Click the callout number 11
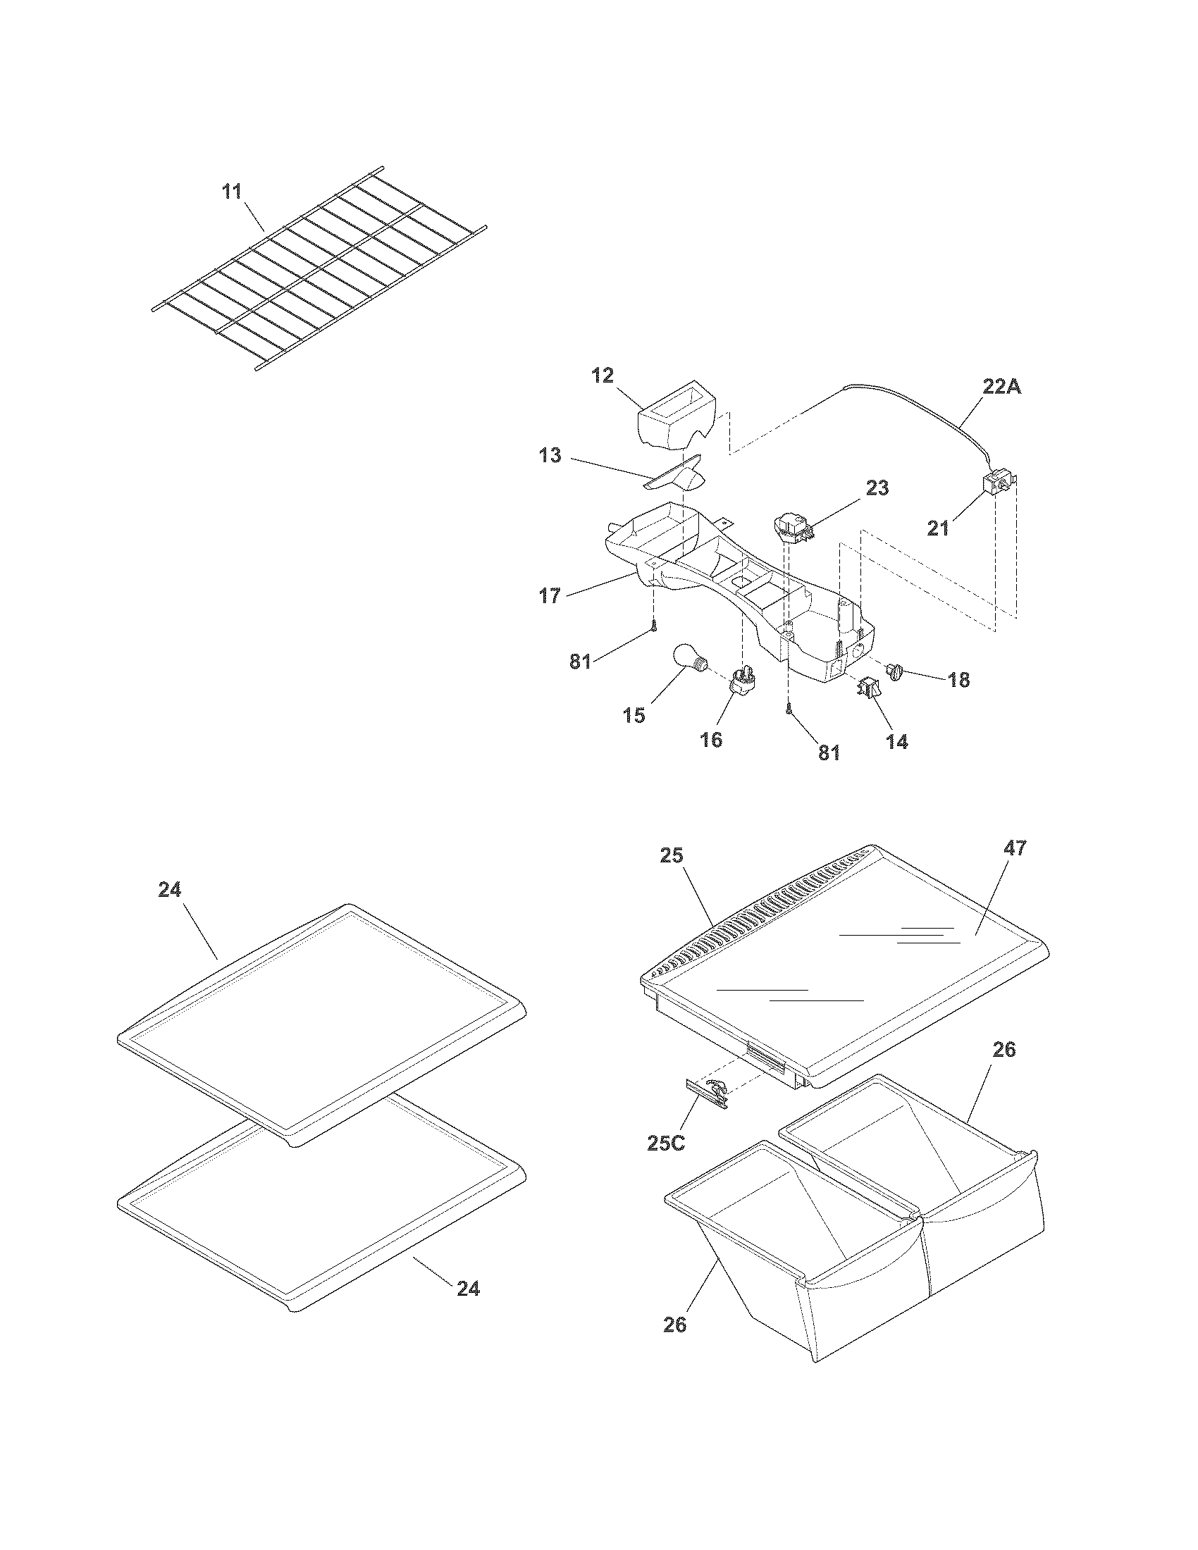click(x=232, y=192)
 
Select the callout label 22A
click(x=1001, y=387)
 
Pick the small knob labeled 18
click(x=895, y=670)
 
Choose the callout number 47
click(x=1015, y=848)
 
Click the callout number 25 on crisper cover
click(x=671, y=856)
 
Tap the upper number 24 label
click(x=170, y=890)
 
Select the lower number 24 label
click(x=468, y=1288)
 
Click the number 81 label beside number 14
click(x=829, y=752)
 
